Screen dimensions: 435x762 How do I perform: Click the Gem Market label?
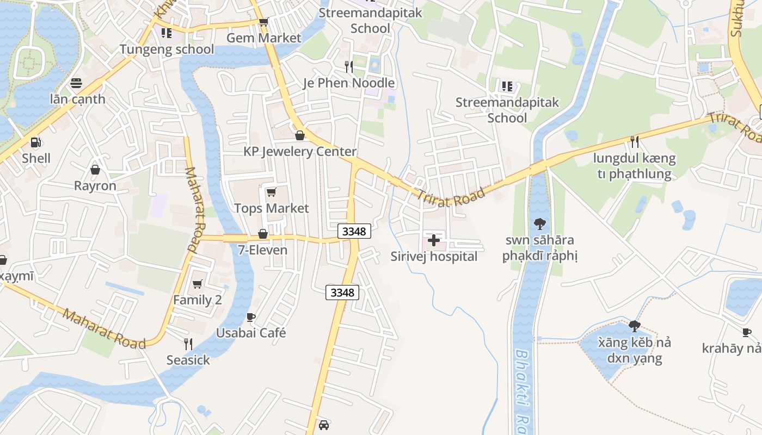click(x=263, y=38)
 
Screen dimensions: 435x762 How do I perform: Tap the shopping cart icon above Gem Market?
click(x=263, y=22)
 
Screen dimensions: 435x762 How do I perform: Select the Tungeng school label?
click(x=167, y=49)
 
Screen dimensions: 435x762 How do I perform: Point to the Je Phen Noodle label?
click(x=349, y=83)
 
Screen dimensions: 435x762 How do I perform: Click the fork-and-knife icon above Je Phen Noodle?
click(x=349, y=66)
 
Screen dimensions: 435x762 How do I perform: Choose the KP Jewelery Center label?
click(x=300, y=152)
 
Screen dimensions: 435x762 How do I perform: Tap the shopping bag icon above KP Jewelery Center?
click(x=299, y=135)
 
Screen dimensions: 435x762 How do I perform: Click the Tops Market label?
click(x=271, y=208)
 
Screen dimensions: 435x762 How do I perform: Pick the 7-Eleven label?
click(x=263, y=251)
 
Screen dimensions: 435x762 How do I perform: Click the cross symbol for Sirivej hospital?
click(x=434, y=240)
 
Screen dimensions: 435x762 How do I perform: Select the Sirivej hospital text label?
click(x=434, y=257)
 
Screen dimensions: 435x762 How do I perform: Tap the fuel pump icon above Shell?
click(x=36, y=142)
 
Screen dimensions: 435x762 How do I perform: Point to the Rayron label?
click(x=95, y=186)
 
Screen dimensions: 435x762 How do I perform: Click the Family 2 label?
click(x=198, y=300)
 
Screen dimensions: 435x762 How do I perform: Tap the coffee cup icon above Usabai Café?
click(x=251, y=316)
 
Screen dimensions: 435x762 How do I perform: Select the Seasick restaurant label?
click(x=188, y=361)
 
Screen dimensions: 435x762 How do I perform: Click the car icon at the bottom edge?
click(x=324, y=425)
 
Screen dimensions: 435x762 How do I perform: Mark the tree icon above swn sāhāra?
click(x=540, y=223)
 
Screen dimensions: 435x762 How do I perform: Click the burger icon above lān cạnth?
click(x=77, y=83)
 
